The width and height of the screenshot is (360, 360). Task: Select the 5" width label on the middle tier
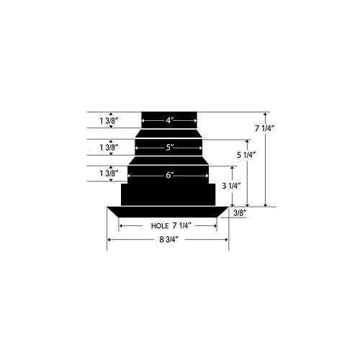pyautogui.click(x=169, y=148)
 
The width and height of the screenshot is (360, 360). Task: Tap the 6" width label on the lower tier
pyautogui.click(x=169, y=175)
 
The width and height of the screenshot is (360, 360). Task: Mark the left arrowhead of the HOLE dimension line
pyautogui.click(x=121, y=226)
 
